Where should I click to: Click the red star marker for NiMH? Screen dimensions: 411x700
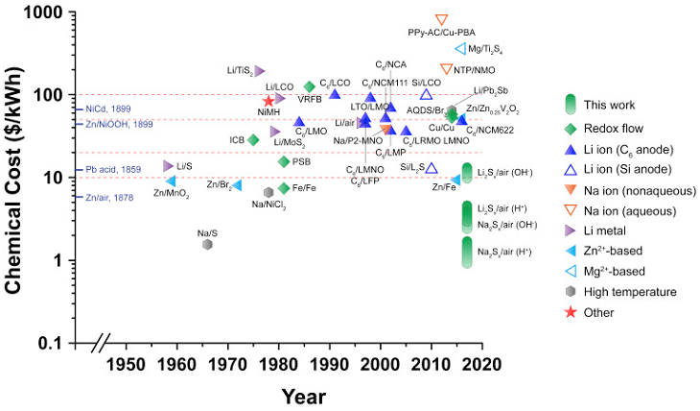[268, 101]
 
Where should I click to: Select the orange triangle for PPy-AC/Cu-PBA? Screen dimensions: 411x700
[441, 20]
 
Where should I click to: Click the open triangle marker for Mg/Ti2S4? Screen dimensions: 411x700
[460, 49]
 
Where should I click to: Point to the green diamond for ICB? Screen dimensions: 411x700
[253, 140]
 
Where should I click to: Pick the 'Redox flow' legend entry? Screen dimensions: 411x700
[613, 128]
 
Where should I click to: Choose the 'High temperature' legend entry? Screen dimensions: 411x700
[624, 291]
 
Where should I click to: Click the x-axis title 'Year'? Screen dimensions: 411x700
[305, 396]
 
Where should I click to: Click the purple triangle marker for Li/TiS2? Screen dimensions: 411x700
[260, 70]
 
